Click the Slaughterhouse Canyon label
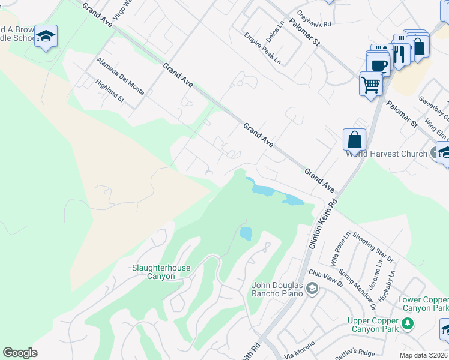pos(154,272)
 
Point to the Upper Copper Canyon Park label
pos(373,325)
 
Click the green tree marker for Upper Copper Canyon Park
pos(408,324)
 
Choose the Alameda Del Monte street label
pos(120,76)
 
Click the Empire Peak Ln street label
pos(262,49)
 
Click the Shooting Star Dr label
pos(372,247)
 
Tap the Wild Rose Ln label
pos(340,250)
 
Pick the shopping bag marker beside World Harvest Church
pos(355,139)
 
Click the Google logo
pos(20,353)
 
